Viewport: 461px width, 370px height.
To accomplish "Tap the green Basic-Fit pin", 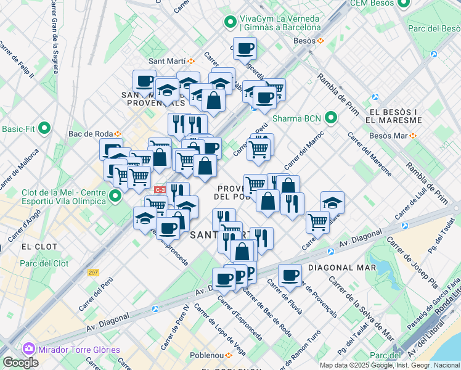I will pyautogui.click(x=44, y=129).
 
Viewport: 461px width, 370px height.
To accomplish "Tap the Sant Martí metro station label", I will pyautogui.click(x=168, y=61).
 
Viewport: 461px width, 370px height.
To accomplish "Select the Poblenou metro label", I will pyautogui.click(x=207, y=355).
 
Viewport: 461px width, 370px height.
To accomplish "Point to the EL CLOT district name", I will pyautogui.click(x=39, y=246).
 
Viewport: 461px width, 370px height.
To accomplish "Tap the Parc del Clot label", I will pyautogui.click(x=44, y=263).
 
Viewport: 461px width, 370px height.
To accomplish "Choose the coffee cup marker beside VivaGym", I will pyautogui.click(x=244, y=47).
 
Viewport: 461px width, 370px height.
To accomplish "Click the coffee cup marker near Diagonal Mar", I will pyautogui.click(x=290, y=275).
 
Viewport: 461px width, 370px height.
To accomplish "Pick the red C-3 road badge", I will pyautogui.click(x=160, y=190).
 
